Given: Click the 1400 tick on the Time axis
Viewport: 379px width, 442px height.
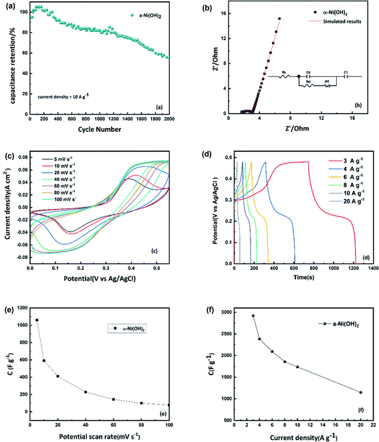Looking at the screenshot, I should [x=370, y=268].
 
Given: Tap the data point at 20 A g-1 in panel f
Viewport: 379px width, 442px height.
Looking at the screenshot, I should [x=360, y=392].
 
